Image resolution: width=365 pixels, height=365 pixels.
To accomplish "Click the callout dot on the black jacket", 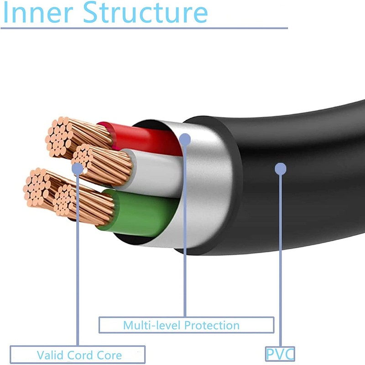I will (281, 170).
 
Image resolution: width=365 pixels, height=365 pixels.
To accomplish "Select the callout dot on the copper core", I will (78, 168).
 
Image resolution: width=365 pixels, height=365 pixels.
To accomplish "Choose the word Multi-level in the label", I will (151, 325).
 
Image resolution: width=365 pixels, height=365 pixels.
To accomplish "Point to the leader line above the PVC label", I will (281, 260).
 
